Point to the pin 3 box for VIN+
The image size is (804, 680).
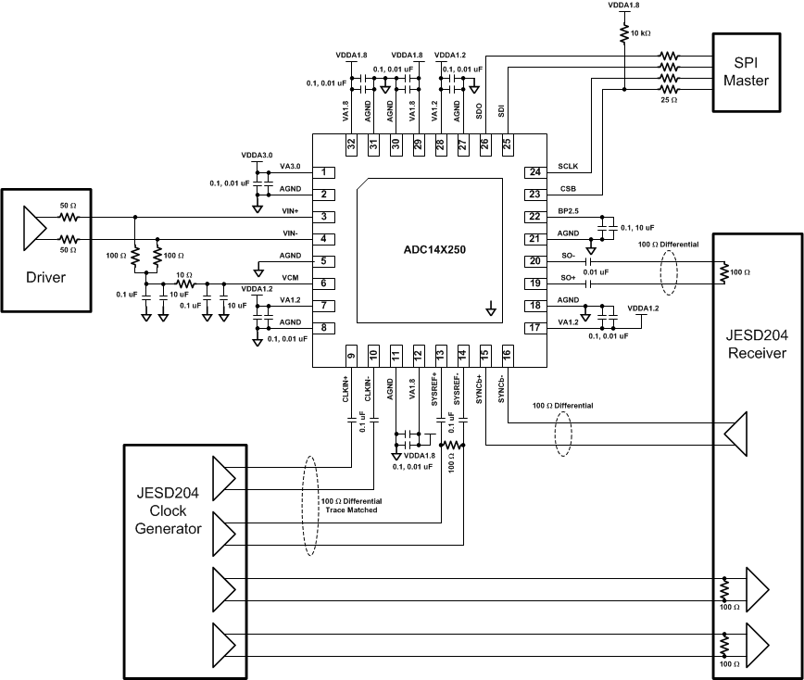(x=324, y=217)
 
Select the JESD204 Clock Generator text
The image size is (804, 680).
(x=169, y=517)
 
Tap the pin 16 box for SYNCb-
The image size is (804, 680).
(x=507, y=354)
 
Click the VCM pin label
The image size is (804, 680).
(x=289, y=278)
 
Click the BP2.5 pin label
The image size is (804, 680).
(x=569, y=211)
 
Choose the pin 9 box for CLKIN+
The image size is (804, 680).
(x=351, y=354)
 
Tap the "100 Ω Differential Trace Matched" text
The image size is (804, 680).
(x=350, y=505)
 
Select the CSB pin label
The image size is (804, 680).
(x=568, y=189)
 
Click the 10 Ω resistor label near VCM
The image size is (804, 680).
(x=183, y=275)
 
